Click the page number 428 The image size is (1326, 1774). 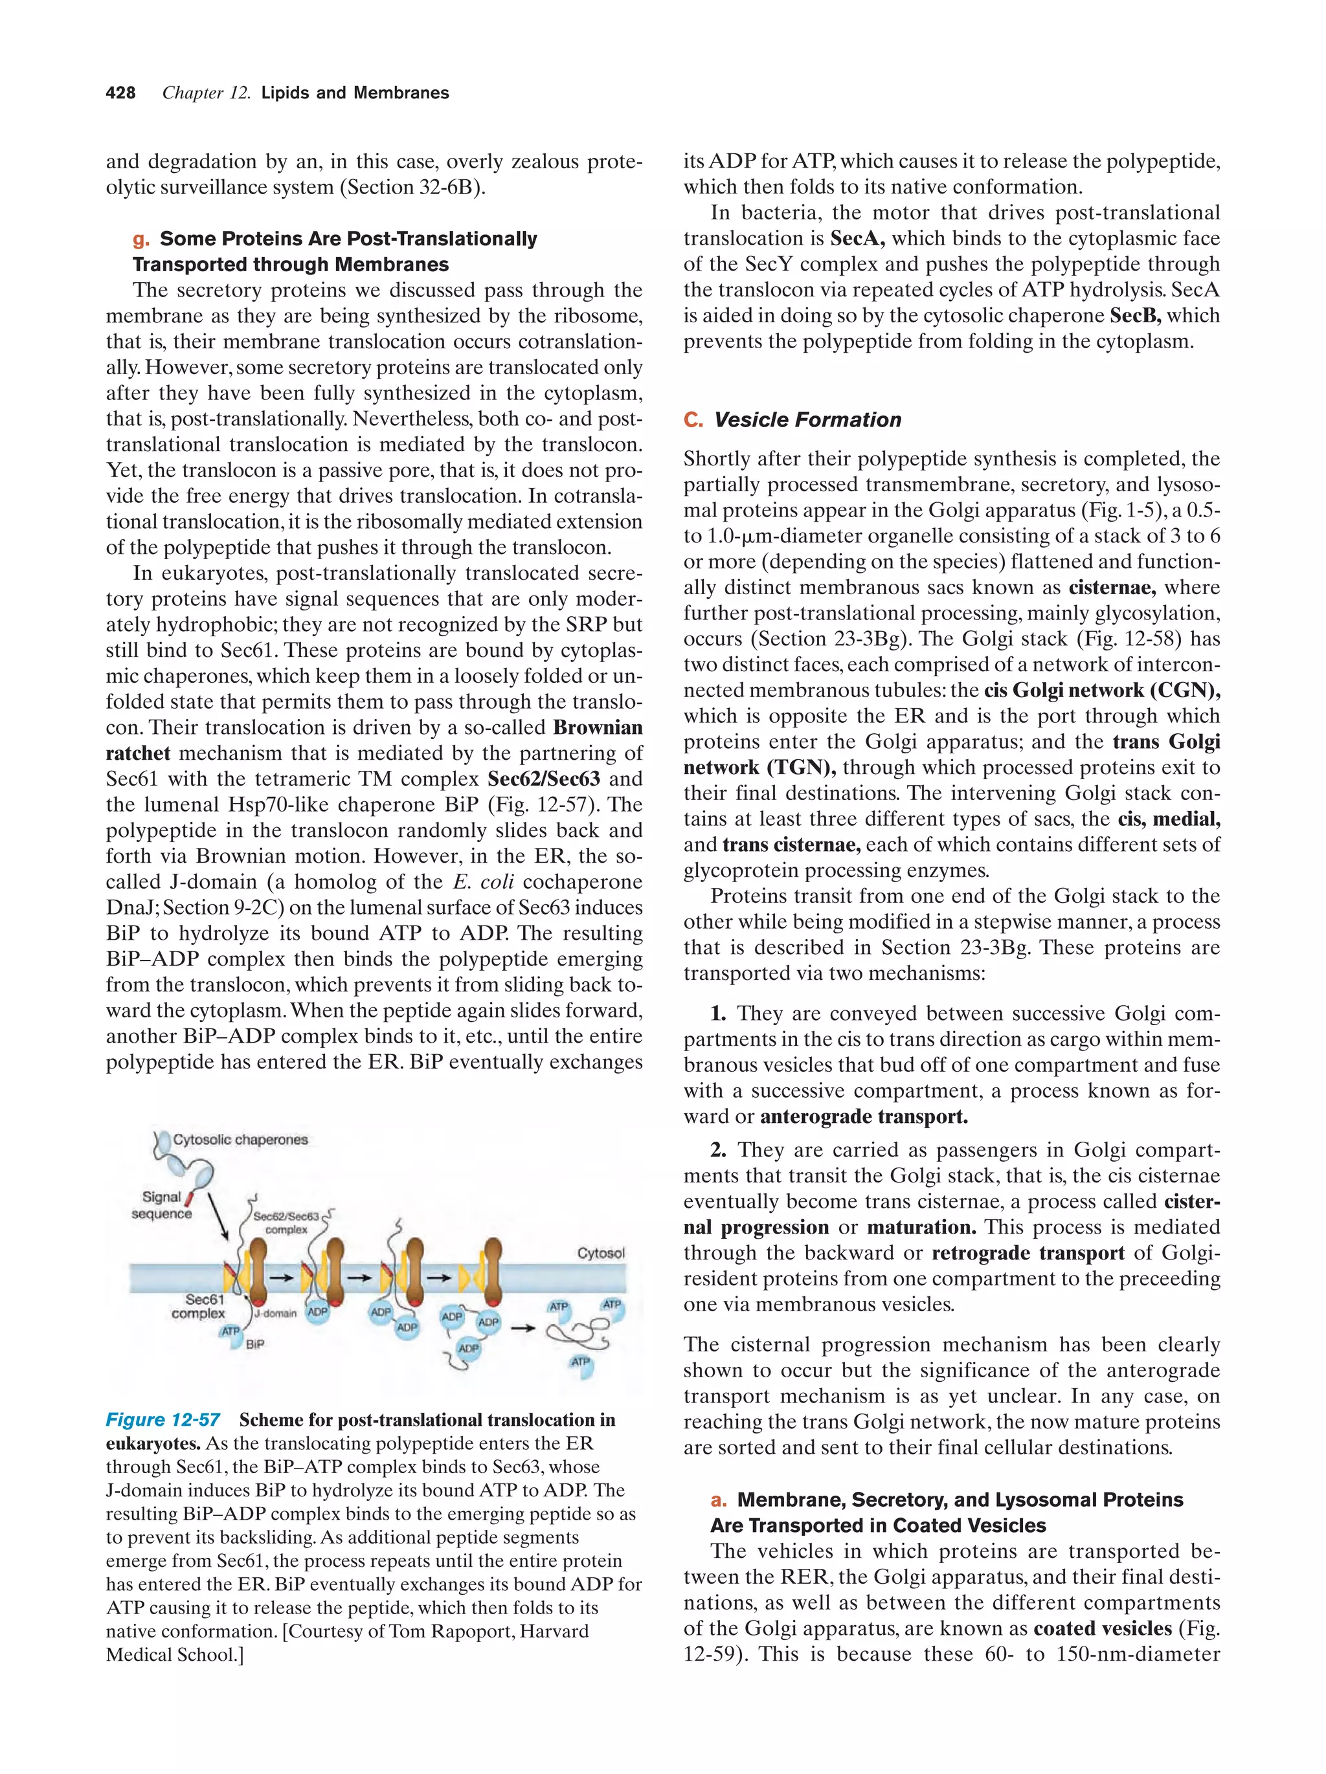pyautogui.click(x=120, y=93)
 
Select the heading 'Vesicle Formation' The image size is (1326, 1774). pyautogui.click(x=807, y=419)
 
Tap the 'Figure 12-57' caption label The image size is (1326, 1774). pyautogui.click(x=163, y=1419)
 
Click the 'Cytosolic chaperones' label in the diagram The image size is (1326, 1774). pyautogui.click(x=240, y=1140)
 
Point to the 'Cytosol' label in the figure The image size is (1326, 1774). pyautogui.click(x=601, y=1253)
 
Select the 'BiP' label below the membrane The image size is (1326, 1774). pyautogui.click(x=254, y=1344)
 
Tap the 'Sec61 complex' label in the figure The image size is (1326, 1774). pyautogui.click(x=200, y=1305)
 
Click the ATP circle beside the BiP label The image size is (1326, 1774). pyautogui.click(x=230, y=1331)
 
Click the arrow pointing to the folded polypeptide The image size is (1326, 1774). pyautogui.click(x=523, y=1328)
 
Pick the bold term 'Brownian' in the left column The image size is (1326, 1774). pyautogui.click(x=598, y=727)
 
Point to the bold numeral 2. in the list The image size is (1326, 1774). pyautogui.click(x=718, y=1150)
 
